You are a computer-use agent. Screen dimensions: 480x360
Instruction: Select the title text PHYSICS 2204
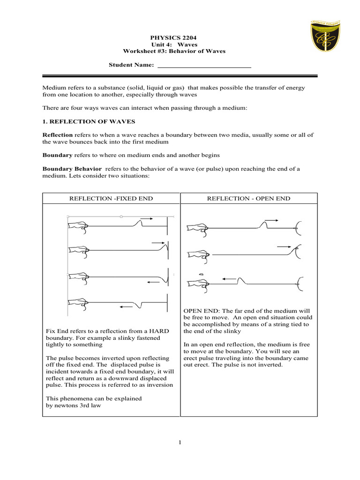click(x=174, y=37)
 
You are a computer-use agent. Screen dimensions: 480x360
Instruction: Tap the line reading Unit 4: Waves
click(x=174, y=44)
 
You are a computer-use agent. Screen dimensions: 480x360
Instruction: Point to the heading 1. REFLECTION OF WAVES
click(x=89, y=121)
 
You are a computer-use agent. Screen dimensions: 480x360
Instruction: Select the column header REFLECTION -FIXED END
click(x=111, y=199)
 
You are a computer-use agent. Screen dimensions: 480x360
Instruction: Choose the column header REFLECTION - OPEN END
click(x=249, y=199)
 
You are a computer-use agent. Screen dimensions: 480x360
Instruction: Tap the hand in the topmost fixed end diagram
click(x=78, y=226)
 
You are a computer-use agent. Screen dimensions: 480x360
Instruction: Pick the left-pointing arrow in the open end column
click(x=229, y=278)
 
